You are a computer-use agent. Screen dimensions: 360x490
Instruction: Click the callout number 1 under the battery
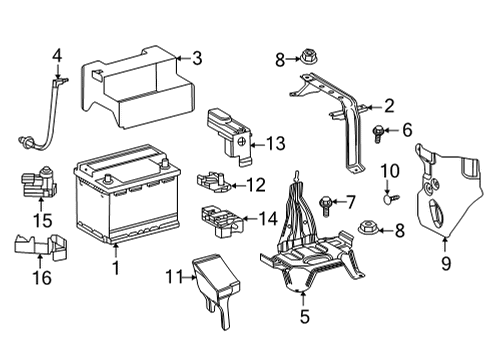[115, 268]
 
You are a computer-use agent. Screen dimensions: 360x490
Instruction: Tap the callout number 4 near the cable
[57, 55]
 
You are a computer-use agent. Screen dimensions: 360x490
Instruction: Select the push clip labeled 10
[390, 198]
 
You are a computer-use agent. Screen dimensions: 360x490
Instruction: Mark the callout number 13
[276, 143]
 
